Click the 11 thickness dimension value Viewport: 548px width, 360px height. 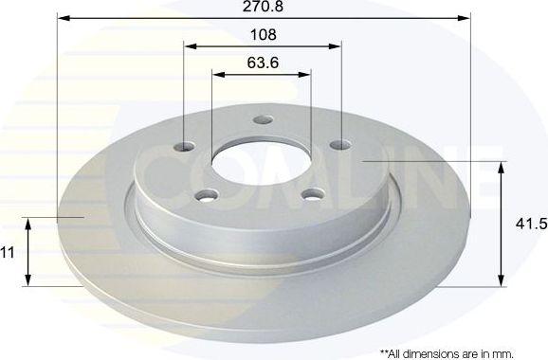pos(8,253)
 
